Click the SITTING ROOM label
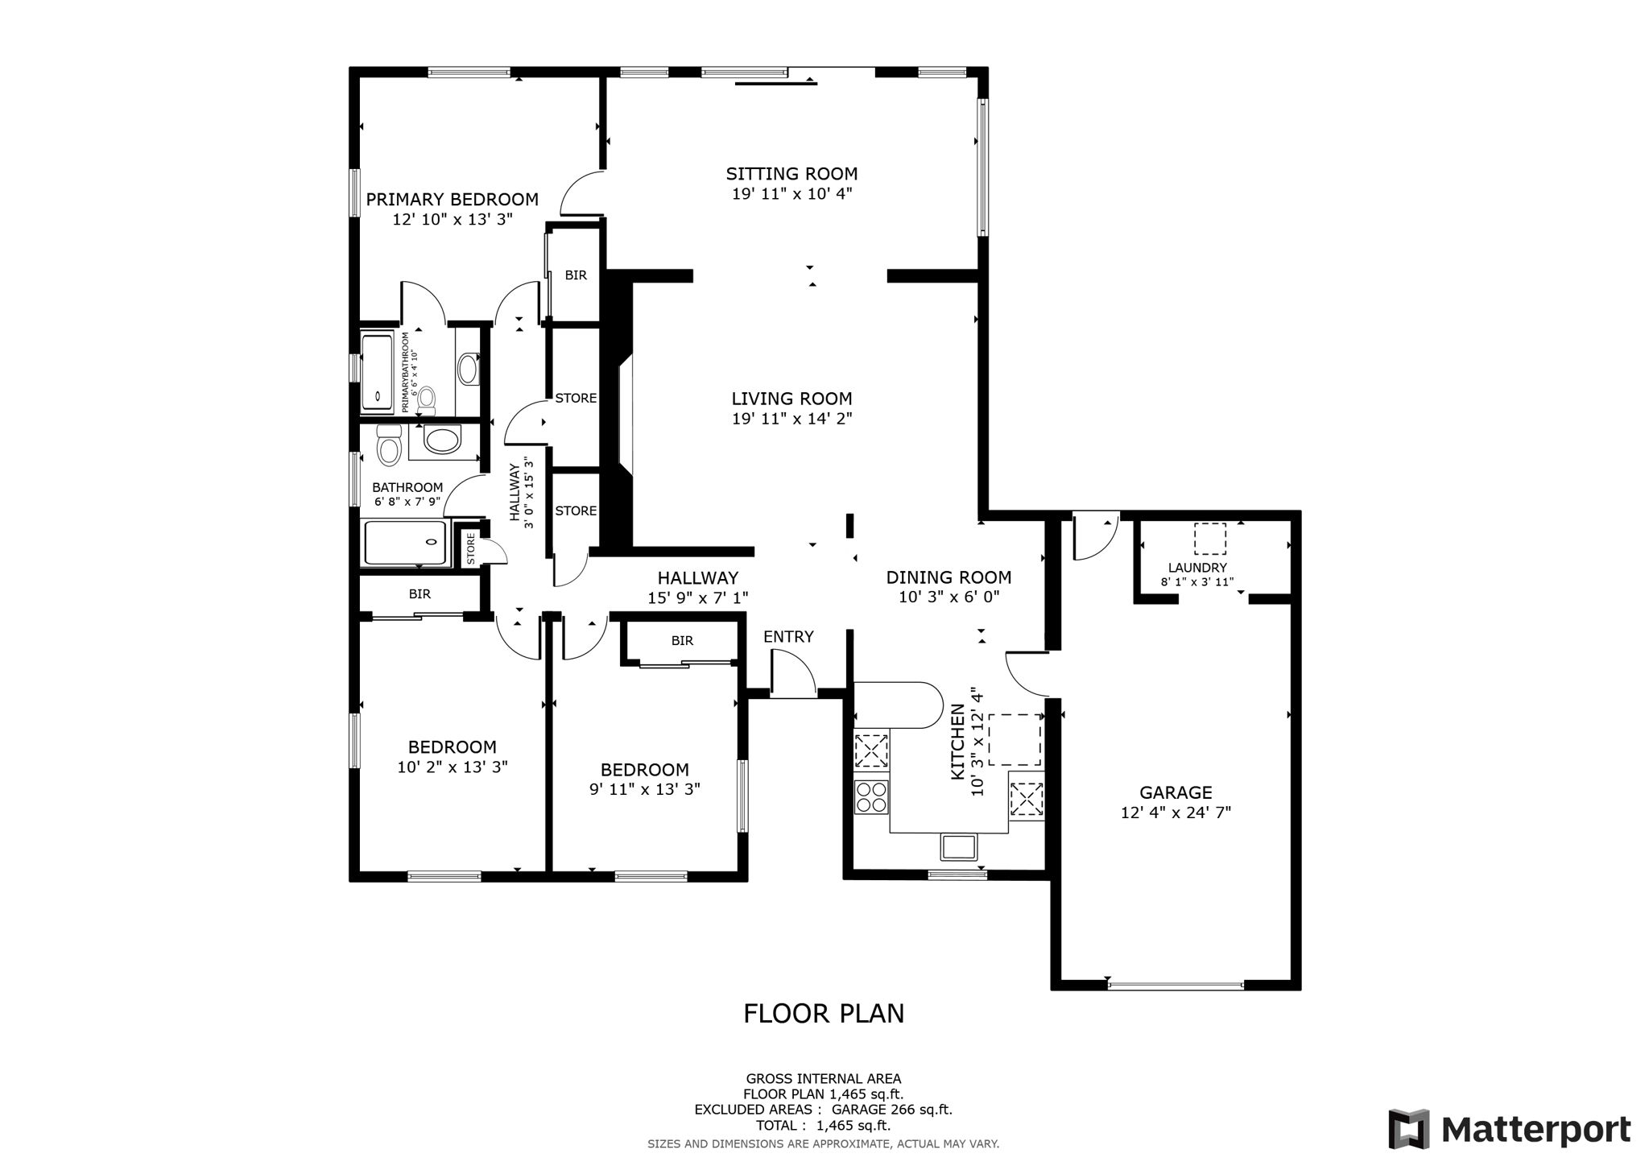pos(791,173)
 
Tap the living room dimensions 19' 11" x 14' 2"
pos(791,419)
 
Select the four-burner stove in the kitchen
pos(871,796)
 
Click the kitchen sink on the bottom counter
pos(958,847)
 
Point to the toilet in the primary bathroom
pos(427,399)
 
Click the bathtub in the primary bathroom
pos(377,371)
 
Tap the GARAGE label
pos(1176,792)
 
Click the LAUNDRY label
pos(1197,568)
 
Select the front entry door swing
pos(791,675)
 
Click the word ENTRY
pos(788,637)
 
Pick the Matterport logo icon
pos(1408,1129)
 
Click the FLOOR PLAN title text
pos(823,1013)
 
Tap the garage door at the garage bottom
pos(1176,985)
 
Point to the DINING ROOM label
pos(948,577)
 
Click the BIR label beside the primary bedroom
pos(576,275)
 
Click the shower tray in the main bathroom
pos(405,543)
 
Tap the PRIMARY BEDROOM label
pos(452,199)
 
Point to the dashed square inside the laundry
pos(1209,539)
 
